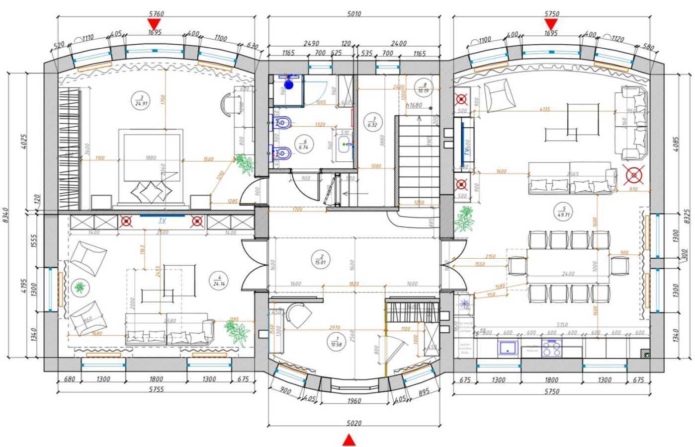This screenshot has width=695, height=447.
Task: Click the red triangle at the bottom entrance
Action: point(349,440)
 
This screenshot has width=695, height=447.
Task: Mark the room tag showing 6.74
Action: point(303,145)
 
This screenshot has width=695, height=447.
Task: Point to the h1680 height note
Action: point(414,105)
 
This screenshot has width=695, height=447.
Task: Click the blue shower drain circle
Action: point(289,85)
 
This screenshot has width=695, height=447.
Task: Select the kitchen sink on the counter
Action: point(507,346)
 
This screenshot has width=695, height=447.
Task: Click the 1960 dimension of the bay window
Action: point(354,401)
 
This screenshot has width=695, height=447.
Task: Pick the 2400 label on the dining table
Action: point(568,274)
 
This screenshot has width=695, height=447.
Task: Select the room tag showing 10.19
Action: point(423,87)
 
